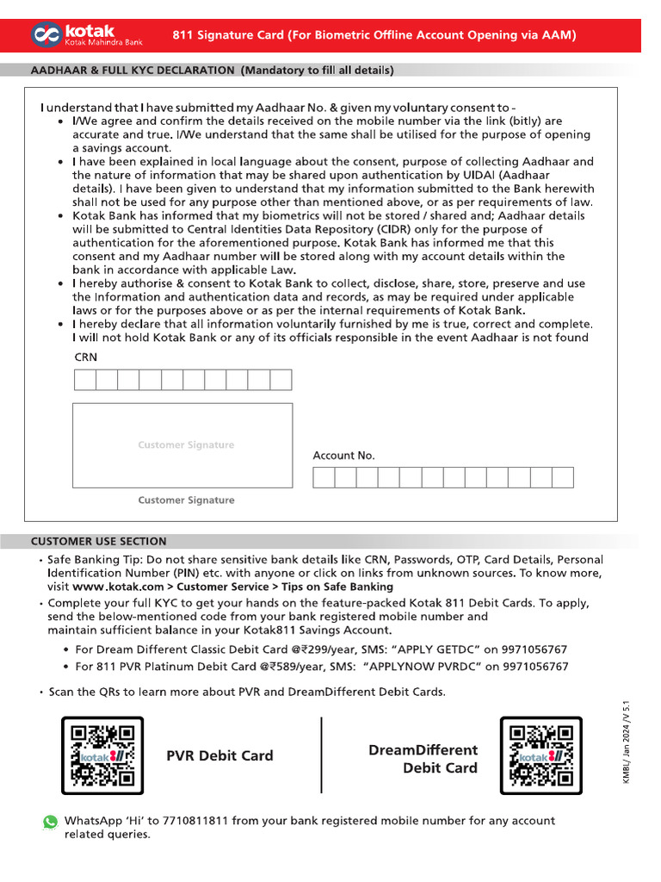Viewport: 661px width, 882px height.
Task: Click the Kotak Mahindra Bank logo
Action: (86, 34)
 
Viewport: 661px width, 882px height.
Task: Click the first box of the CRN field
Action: (84, 380)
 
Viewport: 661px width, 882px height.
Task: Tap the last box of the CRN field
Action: (281, 380)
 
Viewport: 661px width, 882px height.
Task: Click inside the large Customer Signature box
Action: (182, 444)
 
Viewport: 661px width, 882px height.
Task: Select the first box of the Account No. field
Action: (324, 478)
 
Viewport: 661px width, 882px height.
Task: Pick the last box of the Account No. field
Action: (562, 478)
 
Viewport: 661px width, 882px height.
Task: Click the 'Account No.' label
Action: (343, 456)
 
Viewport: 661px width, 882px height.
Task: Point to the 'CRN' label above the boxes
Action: (86, 357)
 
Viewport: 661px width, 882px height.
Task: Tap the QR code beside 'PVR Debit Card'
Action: (103, 755)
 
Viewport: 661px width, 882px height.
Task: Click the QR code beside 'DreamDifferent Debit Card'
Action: (541, 755)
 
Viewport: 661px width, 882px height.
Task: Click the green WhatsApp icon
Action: (51, 822)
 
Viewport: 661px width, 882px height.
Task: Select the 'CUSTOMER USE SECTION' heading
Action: (99, 542)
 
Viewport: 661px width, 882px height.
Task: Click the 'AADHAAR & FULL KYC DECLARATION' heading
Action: (133, 71)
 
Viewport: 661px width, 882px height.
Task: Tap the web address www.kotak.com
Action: (119, 587)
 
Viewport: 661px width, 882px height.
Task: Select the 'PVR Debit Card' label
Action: (219, 755)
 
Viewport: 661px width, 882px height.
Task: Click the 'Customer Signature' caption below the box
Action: (186, 500)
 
